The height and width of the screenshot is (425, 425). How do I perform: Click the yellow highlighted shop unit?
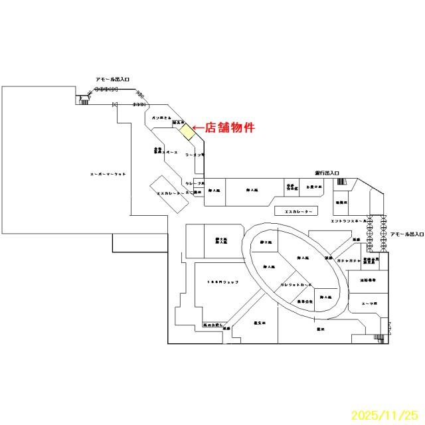188,131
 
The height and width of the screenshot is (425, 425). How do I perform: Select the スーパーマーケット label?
108,174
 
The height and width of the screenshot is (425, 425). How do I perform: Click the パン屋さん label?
161,118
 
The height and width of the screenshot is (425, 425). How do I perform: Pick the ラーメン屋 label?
193,154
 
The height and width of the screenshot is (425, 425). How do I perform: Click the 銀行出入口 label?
323,173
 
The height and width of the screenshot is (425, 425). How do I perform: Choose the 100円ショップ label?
222,282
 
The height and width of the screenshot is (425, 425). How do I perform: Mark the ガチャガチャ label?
348,262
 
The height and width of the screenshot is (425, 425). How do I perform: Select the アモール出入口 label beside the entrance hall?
406,234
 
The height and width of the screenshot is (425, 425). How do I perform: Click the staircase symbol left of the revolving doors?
84,100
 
